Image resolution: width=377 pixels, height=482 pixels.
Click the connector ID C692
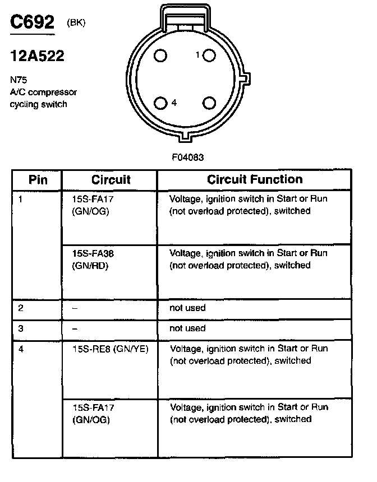click(33, 22)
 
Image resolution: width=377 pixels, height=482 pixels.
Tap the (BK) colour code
click(77, 23)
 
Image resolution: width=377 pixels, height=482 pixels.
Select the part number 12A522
click(37, 56)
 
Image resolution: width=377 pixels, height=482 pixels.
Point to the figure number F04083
click(187, 157)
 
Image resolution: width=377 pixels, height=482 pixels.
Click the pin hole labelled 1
click(209, 55)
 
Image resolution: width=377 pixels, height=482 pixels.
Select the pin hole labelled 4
click(161, 103)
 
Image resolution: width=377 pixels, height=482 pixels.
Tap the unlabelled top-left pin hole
click(161, 55)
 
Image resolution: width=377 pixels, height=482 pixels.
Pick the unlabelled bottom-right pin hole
click(209, 103)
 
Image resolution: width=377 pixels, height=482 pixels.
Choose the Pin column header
click(38, 179)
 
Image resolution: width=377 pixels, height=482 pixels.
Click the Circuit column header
click(111, 179)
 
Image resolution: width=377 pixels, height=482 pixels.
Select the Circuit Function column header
click(254, 179)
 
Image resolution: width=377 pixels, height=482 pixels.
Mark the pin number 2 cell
click(21, 308)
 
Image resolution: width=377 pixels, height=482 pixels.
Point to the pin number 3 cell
click(21, 328)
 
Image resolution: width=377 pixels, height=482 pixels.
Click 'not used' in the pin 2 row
click(187, 308)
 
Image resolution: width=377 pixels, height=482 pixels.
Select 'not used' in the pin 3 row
click(187, 328)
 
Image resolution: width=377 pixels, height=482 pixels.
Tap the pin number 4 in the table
click(21, 349)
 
